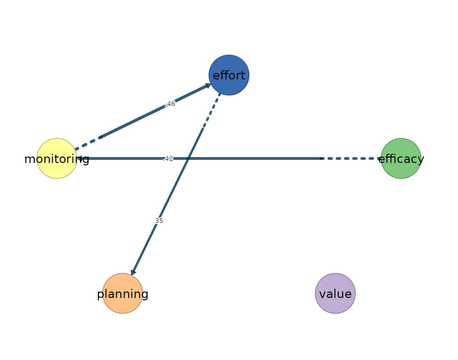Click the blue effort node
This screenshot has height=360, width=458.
229,75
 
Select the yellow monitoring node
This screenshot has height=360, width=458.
57,159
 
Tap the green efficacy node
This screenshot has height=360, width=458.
401,159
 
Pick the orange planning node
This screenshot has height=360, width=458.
123,294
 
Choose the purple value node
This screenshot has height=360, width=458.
335,294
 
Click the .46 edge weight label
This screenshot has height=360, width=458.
170,104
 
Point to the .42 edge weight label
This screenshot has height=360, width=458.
168,159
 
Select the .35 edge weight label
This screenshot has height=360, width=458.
158,221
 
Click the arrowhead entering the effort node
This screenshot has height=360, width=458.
208,85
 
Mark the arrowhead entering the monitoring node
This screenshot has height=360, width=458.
80,159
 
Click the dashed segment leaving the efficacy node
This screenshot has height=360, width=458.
351,159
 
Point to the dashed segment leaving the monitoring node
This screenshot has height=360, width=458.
88,144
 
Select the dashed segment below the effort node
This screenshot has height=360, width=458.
212,110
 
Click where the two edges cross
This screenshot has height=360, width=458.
188,159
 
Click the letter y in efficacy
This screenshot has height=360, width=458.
421,160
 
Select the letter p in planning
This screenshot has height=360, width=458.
100,295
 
